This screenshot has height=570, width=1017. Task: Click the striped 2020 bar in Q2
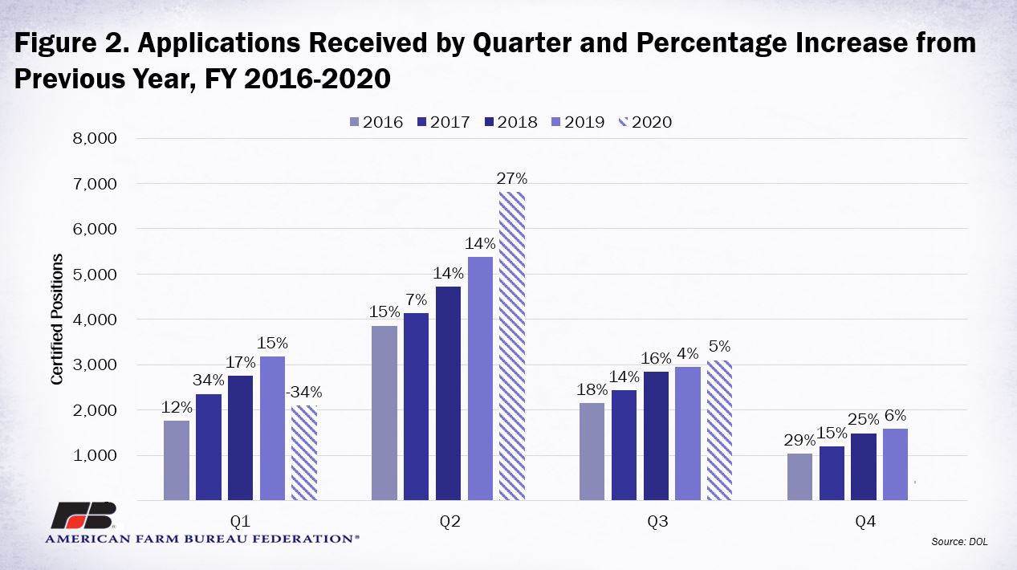click(x=511, y=346)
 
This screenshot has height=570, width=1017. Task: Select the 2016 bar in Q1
click(x=177, y=461)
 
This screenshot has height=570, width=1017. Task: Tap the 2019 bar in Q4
click(x=895, y=465)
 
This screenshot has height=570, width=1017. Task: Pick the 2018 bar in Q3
click(x=656, y=436)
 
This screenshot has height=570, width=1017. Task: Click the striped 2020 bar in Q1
click(x=303, y=453)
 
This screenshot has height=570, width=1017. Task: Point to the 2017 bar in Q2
click(x=416, y=407)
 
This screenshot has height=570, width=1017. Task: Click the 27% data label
click(x=511, y=179)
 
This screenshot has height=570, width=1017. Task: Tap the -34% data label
click(x=303, y=392)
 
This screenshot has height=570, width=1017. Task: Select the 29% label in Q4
click(x=799, y=440)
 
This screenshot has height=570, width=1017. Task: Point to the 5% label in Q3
click(x=719, y=347)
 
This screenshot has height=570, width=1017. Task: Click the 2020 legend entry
click(x=645, y=122)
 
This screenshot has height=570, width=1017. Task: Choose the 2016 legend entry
click(x=376, y=122)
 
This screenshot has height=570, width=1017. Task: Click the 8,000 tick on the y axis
click(x=95, y=139)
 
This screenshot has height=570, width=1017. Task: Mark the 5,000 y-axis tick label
click(x=95, y=275)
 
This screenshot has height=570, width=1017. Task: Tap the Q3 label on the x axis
click(x=657, y=521)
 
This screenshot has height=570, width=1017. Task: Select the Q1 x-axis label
click(x=241, y=521)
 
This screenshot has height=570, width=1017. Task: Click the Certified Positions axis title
click(x=56, y=320)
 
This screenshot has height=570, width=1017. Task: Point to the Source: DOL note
click(x=959, y=541)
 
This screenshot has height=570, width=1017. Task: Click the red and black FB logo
click(x=84, y=515)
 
